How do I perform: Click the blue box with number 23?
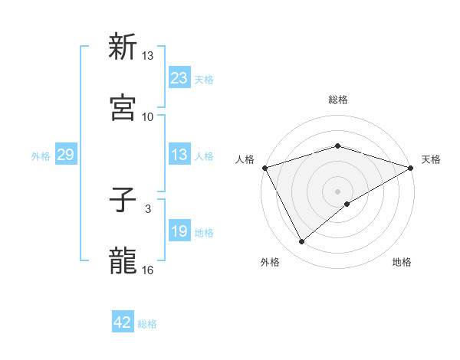click(179, 77)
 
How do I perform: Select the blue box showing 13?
click(179, 155)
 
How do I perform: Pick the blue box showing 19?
click(179, 231)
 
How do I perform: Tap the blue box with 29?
click(65, 155)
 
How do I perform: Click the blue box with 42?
click(123, 322)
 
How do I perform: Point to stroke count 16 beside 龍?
click(148, 270)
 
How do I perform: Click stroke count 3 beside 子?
click(148, 208)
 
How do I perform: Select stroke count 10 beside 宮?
click(148, 116)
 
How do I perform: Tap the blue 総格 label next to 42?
click(147, 324)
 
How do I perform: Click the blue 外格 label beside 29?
click(41, 155)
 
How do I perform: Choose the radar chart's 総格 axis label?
click(337, 100)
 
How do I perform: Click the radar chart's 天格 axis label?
click(431, 159)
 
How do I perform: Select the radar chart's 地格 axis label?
click(402, 263)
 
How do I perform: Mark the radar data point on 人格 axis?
click(264, 168)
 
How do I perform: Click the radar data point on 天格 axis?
click(411, 168)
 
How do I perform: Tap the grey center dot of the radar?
click(337, 191)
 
